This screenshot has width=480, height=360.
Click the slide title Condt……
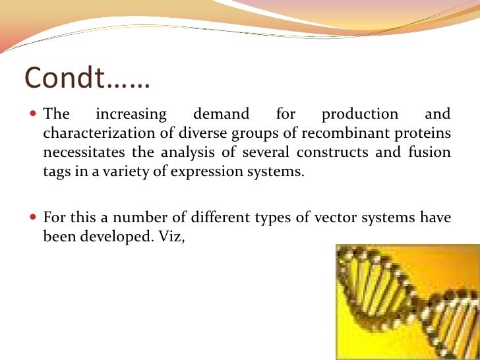coord(88,79)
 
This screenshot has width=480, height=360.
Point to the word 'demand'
coord(221,114)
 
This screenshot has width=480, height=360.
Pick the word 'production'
coord(359,115)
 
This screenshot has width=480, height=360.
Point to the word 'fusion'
coord(432,153)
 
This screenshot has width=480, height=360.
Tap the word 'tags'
coord(55,173)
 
